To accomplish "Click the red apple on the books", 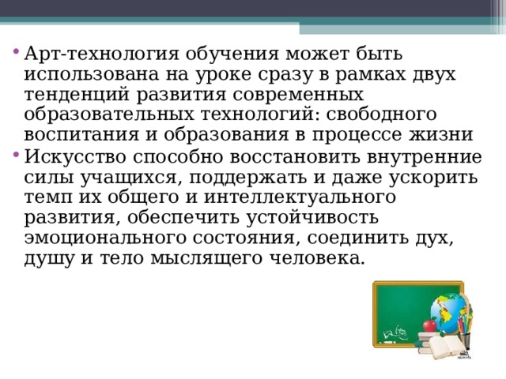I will [429, 324].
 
